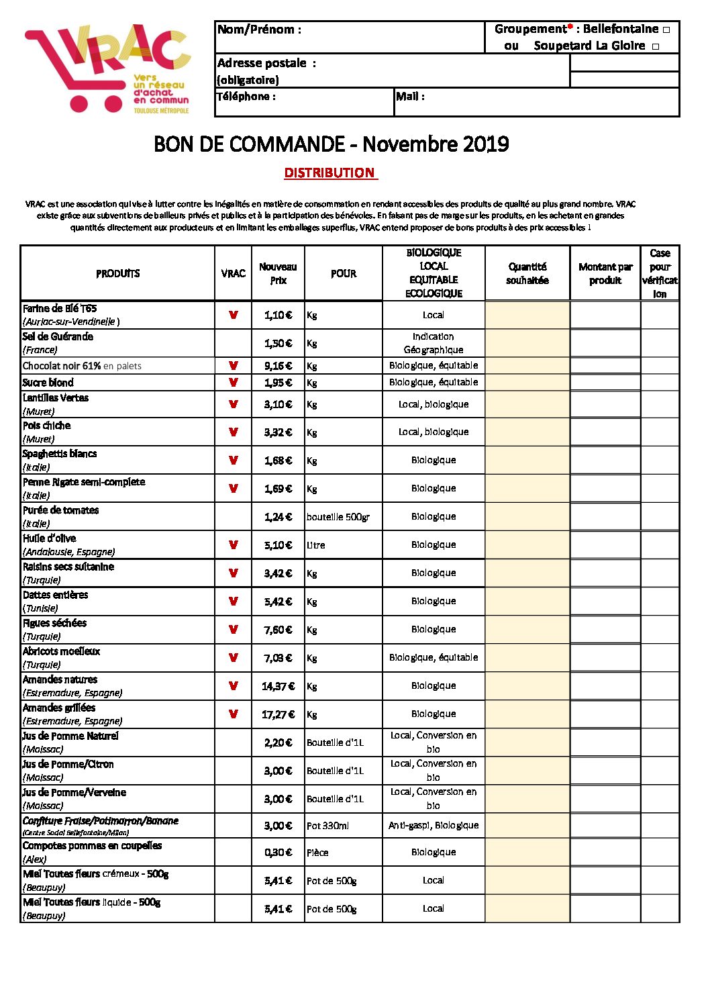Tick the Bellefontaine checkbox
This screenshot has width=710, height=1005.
coord(666,30)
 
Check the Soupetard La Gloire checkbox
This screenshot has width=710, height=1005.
coord(656,46)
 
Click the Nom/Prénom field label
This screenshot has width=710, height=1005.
coord(259,30)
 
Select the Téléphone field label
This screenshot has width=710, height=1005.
coord(246,97)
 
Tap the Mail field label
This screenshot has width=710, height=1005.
coord(410,97)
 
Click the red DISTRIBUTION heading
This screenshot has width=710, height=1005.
coord(329,173)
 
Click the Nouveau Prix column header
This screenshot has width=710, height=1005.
coord(278,273)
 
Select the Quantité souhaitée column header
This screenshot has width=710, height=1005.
coord(527,273)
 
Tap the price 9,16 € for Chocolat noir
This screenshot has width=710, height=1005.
coord(278,366)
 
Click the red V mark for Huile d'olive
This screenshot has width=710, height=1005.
coord(234,544)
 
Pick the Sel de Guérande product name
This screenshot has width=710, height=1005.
coord(58,337)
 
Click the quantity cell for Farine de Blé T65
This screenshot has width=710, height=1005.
coord(527,315)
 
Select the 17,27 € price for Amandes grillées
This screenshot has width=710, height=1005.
coord(278,714)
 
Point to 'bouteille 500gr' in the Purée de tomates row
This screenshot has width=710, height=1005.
coord(338,517)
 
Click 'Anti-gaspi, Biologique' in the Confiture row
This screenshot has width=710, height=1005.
coord(434,825)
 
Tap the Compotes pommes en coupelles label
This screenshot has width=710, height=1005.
coord(92,846)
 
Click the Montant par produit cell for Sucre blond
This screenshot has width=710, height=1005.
coord(605,383)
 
